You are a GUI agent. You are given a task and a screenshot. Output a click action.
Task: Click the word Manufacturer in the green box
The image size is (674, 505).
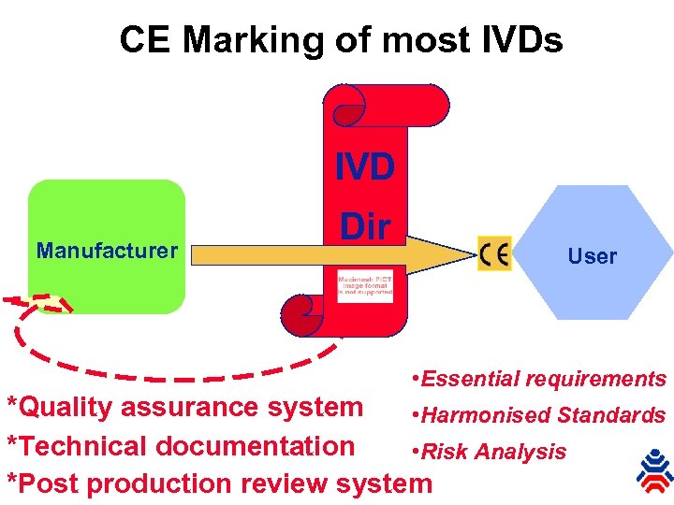(x=106, y=251)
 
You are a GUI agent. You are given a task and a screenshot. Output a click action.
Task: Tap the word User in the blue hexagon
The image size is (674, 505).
(x=592, y=256)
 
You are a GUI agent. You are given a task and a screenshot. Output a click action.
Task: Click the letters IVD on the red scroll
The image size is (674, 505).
(x=365, y=168)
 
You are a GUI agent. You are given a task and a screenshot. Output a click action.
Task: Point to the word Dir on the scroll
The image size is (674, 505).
(x=365, y=226)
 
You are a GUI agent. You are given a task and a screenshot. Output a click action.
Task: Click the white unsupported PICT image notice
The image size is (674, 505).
(x=365, y=286)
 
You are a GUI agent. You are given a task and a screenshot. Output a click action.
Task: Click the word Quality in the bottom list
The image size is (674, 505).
(x=70, y=408)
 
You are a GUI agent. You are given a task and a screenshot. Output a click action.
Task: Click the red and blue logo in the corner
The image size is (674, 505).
(x=653, y=470)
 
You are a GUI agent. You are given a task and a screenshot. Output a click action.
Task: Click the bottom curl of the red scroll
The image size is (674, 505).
(x=300, y=314)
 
